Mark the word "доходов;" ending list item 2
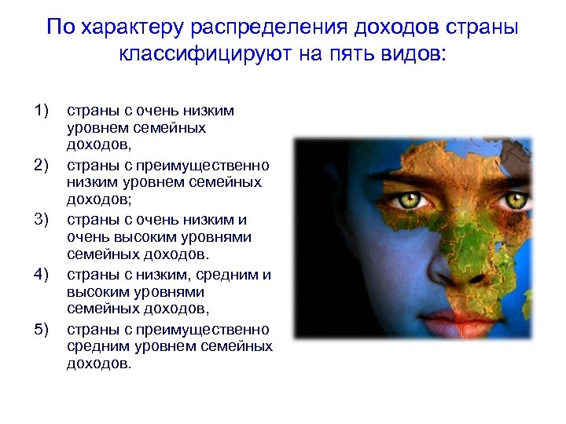click(93, 201)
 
